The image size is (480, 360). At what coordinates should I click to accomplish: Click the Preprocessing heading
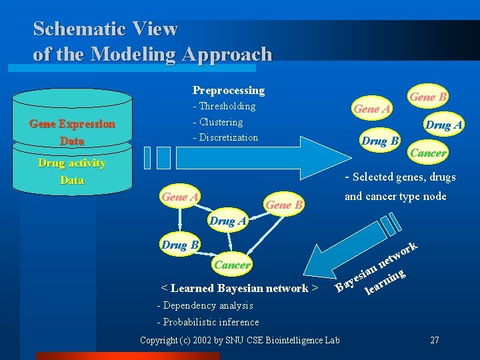[x=228, y=90]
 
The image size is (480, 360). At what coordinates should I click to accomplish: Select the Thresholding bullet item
[x=224, y=106]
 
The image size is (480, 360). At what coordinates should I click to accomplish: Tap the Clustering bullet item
[x=218, y=122]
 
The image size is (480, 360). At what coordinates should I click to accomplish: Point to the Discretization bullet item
[x=225, y=137]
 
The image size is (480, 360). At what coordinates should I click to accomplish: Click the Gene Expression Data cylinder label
[x=72, y=132]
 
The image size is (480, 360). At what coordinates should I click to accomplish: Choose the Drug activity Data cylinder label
[x=72, y=171]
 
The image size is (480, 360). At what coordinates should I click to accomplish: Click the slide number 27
[x=434, y=340]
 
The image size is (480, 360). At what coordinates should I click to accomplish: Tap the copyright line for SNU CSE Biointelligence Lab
[x=239, y=341]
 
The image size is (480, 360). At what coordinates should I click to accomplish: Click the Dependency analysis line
[x=205, y=305]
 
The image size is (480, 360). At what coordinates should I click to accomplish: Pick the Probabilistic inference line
[x=207, y=322]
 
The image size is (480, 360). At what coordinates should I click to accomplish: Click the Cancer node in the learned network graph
[x=233, y=265]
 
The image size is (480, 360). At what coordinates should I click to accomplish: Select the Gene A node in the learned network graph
[x=180, y=197]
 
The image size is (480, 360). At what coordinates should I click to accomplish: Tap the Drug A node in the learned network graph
[x=228, y=221]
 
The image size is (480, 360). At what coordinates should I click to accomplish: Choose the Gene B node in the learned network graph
[x=284, y=204]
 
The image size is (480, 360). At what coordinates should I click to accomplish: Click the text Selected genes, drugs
[x=400, y=177]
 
